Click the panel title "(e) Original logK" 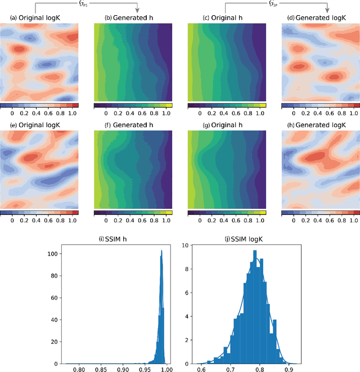[39, 124]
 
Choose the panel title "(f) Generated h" [133, 124]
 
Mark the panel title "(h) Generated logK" [320, 124]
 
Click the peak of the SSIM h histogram [161, 251]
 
